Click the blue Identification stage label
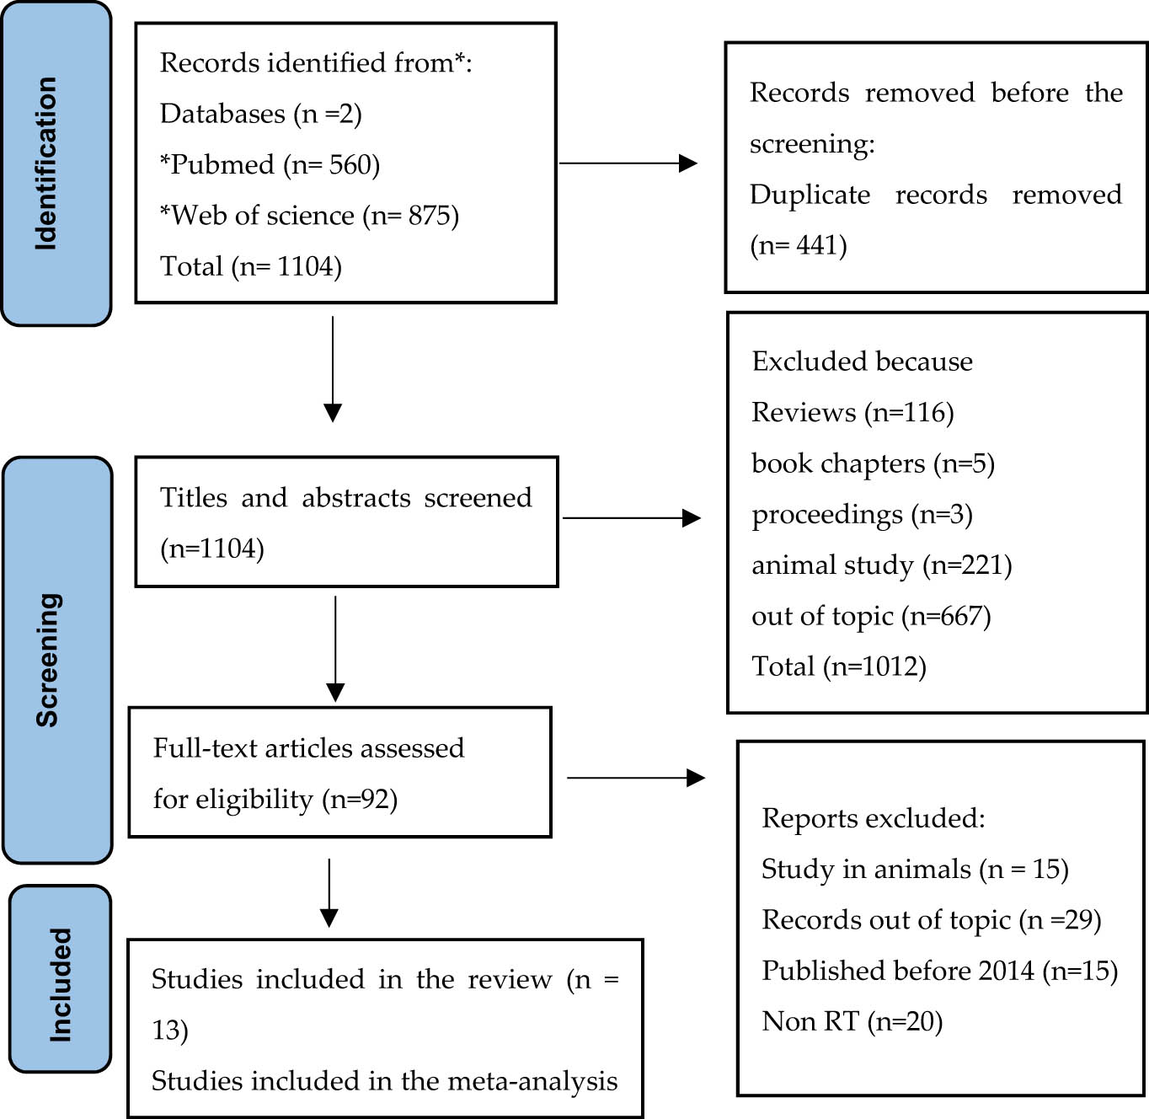pyautogui.click(x=56, y=163)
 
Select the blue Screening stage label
pyautogui.click(x=57, y=660)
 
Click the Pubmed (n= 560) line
pyautogui.click(x=270, y=164)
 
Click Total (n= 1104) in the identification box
pyautogui.click(x=251, y=267)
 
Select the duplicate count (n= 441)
pyautogui.click(x=799, y=245)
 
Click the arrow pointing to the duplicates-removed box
pyautogui.click(x=628, y=163)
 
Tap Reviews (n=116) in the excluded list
pyautogui.click(x=852, y=412)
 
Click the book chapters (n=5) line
pyautogui.click(x=873, y=463)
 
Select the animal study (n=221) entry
pyautogui.click(x=881, y=565)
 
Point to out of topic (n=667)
pyautogui.click(x=871, y=616)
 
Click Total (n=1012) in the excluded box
pyautogui.click(x=839, y=667)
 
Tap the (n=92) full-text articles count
pyautogui.click(x=360, y=799)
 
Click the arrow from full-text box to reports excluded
pyautogui.click(x=635, y=778)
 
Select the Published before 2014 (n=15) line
pyautogui.click(x=939, y=971)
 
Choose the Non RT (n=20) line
pyautogui.click(x=852, y=1021)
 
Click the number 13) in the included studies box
pyautogui.click(x=169, y=1030)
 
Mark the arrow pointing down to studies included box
pyautogui.click(x=329, y=893)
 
